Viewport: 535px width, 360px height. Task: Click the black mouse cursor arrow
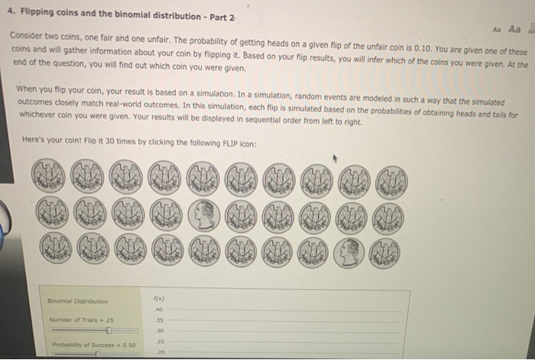tap(334, 159)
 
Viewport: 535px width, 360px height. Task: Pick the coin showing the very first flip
tap(50, 180)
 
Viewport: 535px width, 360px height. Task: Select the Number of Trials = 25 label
tap(80, 319)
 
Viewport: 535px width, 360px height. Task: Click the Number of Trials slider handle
tap(109, 331)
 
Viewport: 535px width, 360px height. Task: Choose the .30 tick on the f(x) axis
tap(160, 331)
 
